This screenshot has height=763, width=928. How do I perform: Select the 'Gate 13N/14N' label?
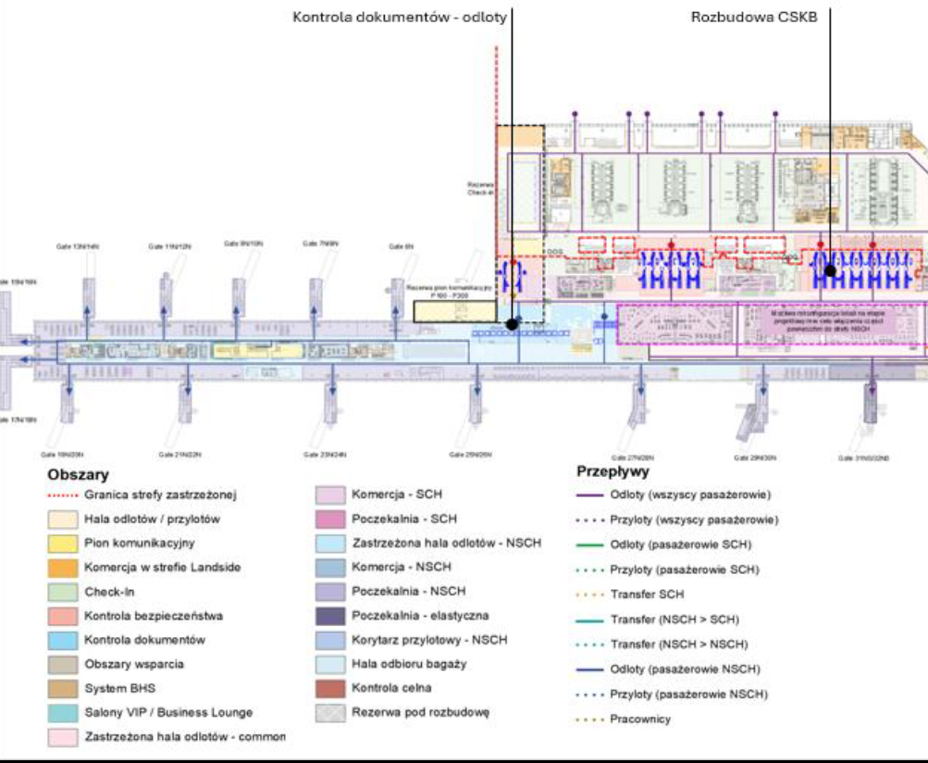click(77, 247)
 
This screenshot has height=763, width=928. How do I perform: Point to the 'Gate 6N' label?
click(401, 246)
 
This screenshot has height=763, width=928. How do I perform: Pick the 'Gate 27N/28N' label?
click(635, 457)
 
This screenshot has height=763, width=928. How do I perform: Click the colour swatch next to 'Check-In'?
click(62, 592)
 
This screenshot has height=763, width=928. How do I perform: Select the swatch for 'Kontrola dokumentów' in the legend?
click(62, 640)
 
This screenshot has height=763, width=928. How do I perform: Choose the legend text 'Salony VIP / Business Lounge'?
click(167, 712)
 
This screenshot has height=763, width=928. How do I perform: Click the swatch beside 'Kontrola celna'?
click(330, 688)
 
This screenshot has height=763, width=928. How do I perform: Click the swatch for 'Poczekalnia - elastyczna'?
click(330, 616)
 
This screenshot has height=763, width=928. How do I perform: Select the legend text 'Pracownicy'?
click(641, 719)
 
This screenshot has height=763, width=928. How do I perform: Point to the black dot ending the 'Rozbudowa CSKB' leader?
click(831, 271)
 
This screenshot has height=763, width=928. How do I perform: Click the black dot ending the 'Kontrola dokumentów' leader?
click(512, 324)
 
